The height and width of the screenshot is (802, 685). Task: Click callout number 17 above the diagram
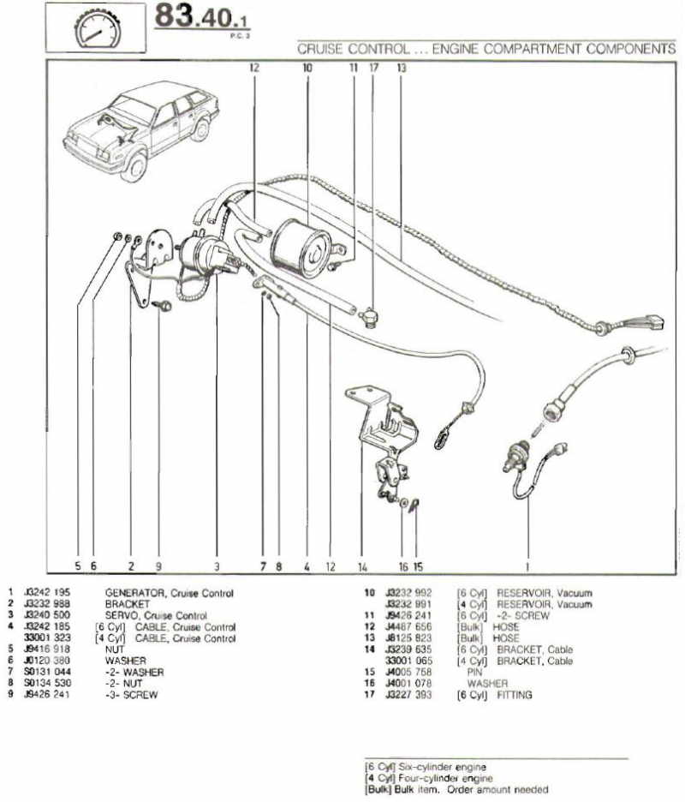click(373, 66)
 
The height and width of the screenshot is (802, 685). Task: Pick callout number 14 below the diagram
click(362, 566)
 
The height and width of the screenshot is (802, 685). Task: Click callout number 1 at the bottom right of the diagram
click(527, 566)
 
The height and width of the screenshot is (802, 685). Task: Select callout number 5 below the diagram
click(77, 566)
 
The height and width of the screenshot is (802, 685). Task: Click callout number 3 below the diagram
click(217, 566)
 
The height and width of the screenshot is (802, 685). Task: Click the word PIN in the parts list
click(475, 673)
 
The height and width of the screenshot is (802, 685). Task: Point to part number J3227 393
click(408, 695)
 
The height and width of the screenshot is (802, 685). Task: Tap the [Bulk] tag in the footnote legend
click(377, 789)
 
